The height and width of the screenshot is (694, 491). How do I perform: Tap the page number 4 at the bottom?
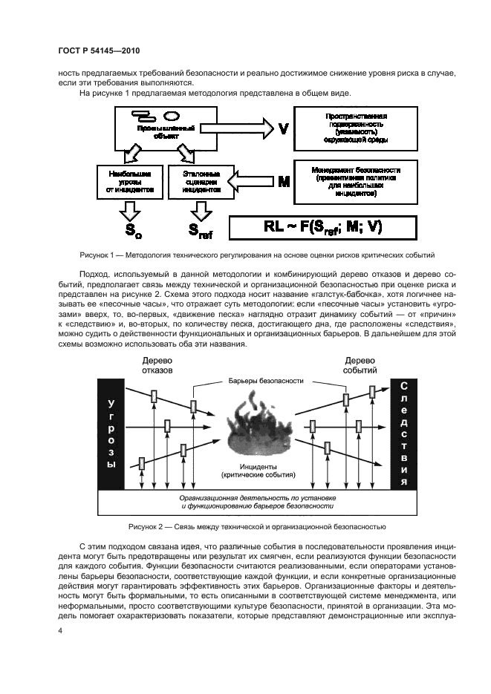[59, 631]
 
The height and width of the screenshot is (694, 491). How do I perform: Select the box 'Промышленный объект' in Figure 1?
[159, 128]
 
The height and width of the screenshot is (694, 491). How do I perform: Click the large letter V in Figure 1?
[283, 128]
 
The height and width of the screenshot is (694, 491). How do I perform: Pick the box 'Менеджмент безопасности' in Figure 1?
[357, 182]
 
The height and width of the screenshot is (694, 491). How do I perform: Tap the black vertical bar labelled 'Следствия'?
[404, 433]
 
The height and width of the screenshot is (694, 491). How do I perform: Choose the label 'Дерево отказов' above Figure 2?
[157, 364]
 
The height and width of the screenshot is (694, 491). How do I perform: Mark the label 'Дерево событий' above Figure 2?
[360, 364]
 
